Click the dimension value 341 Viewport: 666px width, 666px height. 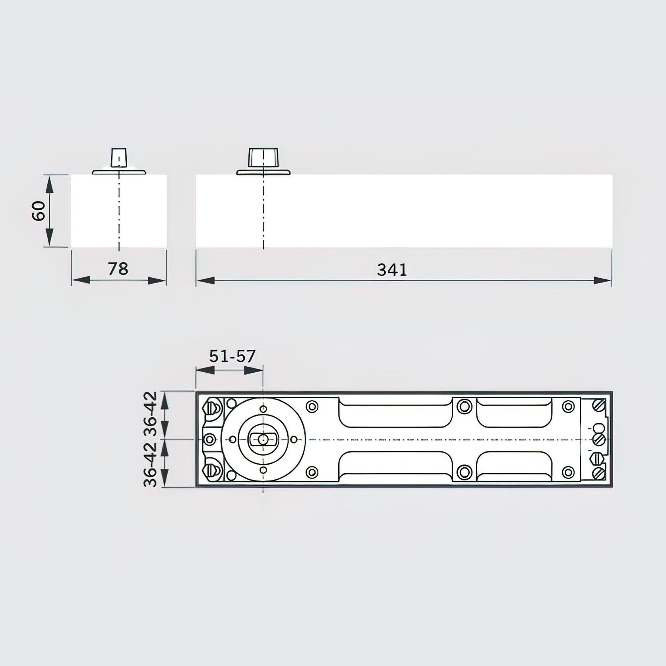point(392,270)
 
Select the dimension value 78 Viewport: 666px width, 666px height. point(118,269)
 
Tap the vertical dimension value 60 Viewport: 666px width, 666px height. point(39,211)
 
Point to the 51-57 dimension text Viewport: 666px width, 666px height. point(232,356)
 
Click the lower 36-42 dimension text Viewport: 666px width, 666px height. point(151,464)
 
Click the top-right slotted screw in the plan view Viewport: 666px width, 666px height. point(599,406)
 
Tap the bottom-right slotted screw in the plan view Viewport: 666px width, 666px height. point(599,473)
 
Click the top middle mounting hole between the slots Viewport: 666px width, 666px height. point(463,406)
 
